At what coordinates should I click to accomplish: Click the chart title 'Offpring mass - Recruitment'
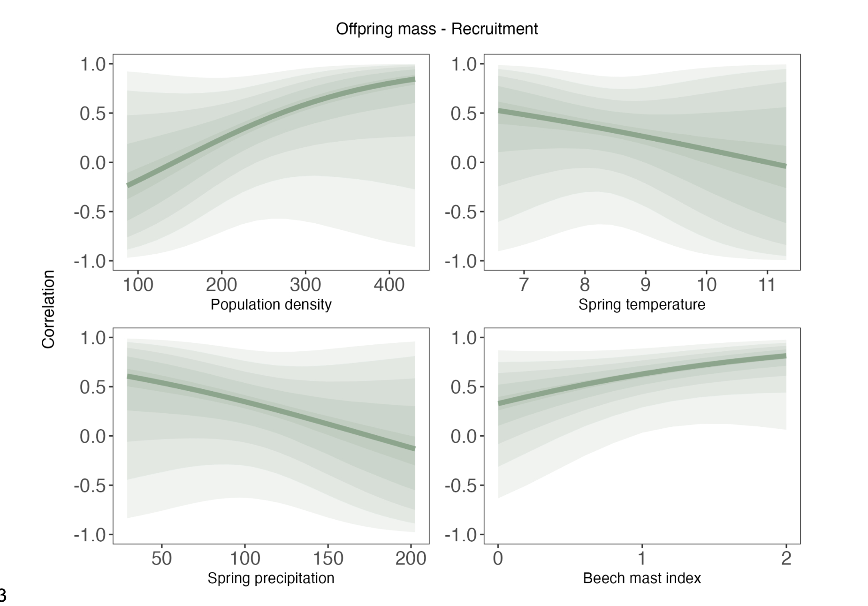[x=436, y=29]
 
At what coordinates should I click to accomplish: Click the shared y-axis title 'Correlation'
[x=48, y=309]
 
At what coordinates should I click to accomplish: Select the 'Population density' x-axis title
[x=271, y=304]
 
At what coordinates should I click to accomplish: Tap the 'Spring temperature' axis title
[x=641, y=304]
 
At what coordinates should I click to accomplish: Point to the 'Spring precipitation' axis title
[x=271, y=578]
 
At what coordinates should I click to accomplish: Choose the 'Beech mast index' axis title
[x=641, y=578]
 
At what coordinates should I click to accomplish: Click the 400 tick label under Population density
[x=389, y=285]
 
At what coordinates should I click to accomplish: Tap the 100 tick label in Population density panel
[x=138, y=285]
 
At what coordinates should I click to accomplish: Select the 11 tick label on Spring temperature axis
[x=767, y=285]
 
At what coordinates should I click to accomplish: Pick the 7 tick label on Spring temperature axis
[x=524, y=285]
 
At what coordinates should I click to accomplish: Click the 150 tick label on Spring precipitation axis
[x=328, y=558]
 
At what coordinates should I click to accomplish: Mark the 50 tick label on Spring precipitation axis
[x=162, y=558]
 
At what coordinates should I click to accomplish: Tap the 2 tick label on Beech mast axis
[x=786, y=558]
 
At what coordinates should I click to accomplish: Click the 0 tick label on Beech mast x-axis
[x=498, y=558]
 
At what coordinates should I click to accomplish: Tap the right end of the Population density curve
[x=414, y=80]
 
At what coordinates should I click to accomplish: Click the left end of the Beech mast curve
[x=499, y=403]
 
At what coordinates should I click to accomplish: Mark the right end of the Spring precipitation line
[x=414, y=448]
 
